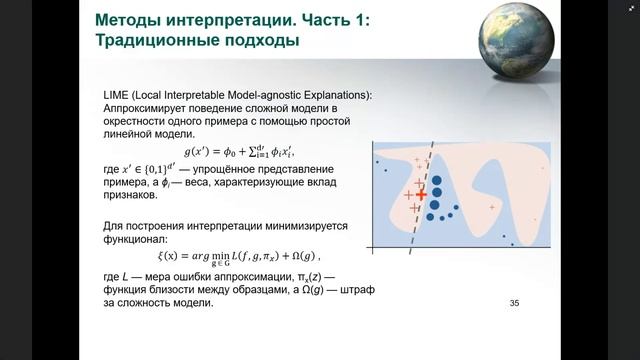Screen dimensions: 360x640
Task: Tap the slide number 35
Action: point(515,303)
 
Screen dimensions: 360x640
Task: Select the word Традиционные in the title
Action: point(161,41)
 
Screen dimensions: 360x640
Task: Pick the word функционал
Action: point(139,240)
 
